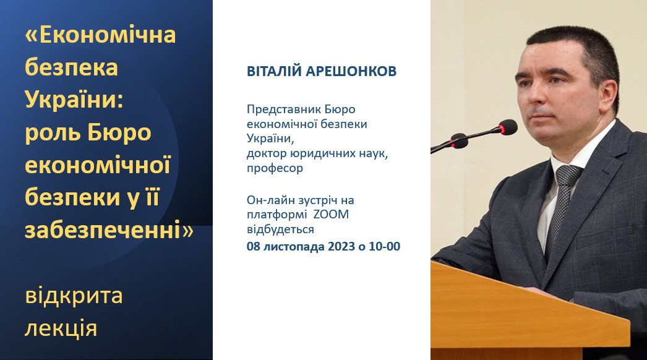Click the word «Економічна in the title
(100, 35)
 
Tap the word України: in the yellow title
(74, 100)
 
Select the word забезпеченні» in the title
(109, 229)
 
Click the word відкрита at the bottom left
(74, 296)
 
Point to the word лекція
(61, 329)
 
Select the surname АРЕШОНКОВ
(351, 71)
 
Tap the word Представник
(284, 110)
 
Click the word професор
(275, 168)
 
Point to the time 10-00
(385, 246)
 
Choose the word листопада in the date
(294, 246)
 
